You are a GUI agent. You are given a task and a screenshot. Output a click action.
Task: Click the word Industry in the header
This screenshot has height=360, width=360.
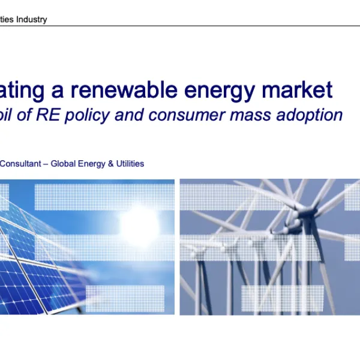(x=31, y=19)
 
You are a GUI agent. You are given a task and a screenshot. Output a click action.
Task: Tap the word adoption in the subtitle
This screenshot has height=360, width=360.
(x=311, y=115)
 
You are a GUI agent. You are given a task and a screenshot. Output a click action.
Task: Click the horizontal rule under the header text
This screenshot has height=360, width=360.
(x=180, y=26)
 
